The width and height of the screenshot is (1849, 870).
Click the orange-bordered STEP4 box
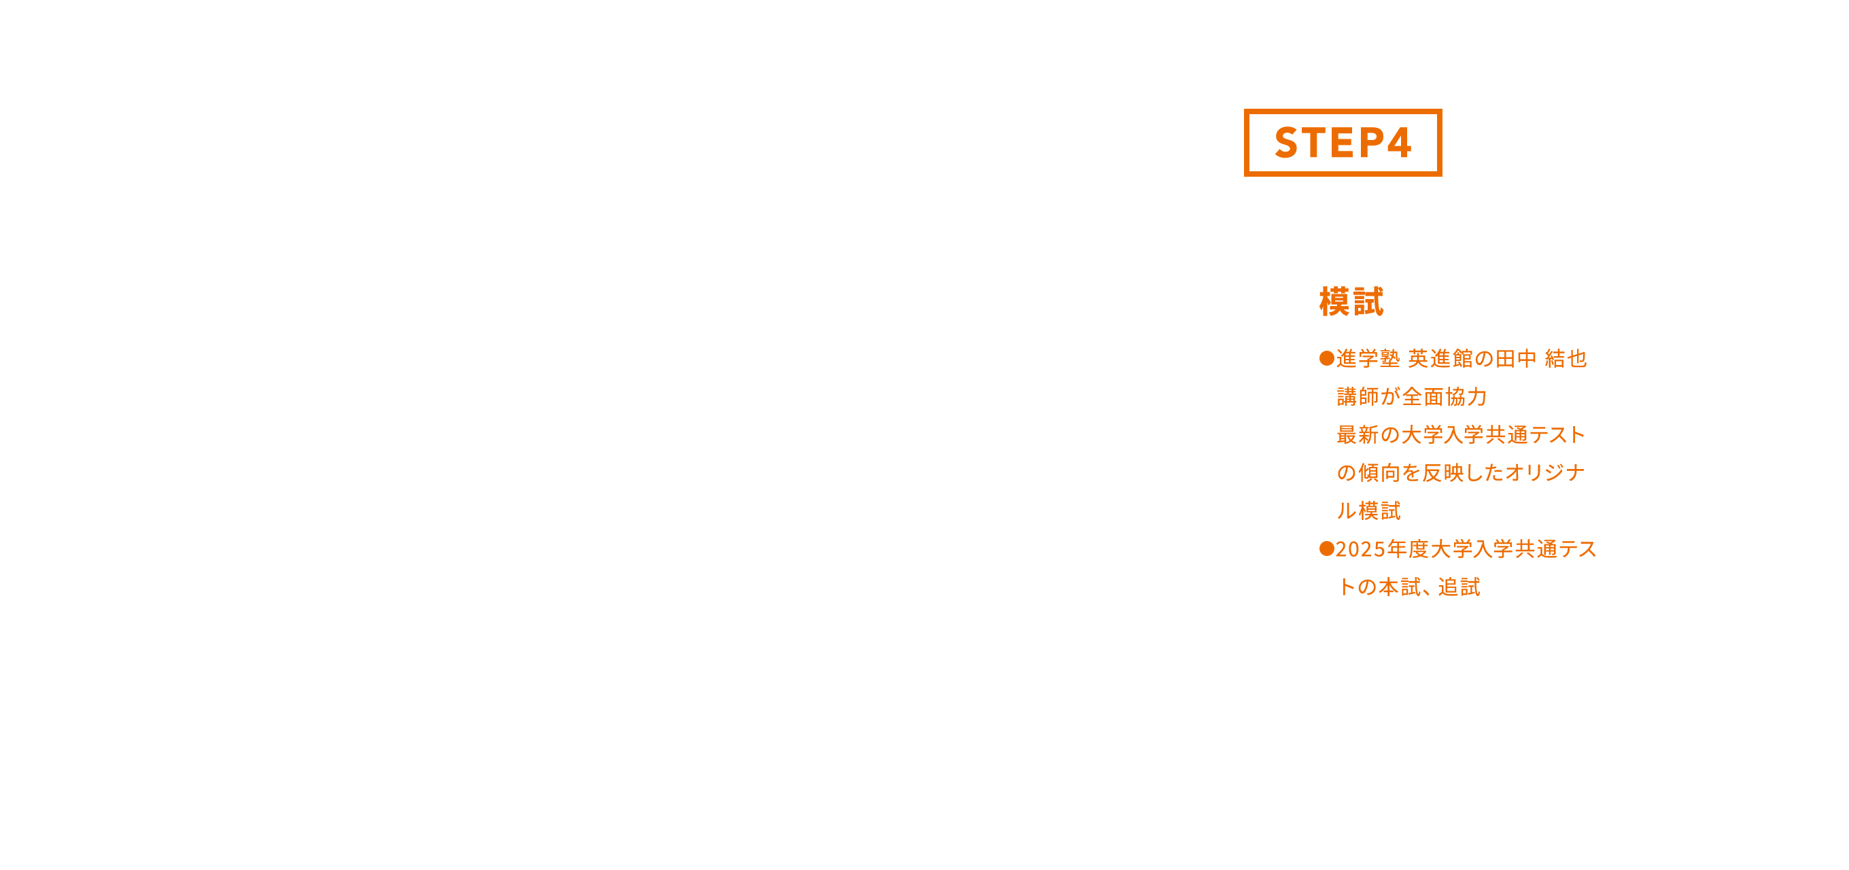point(1343,142)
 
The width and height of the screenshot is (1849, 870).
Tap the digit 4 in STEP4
point(1399,142)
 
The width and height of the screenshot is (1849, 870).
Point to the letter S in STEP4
point(1286,142)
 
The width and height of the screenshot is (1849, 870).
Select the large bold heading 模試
point(1351,302)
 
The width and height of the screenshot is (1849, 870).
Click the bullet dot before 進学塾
point(1326,358)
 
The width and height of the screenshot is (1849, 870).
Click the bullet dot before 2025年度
point(1326,549)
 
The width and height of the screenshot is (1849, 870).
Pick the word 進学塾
point(1367,358)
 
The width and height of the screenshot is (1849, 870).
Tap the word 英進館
point(1440,358)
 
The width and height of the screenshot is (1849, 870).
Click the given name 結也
point(1566,358)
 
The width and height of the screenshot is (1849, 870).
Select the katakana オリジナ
point(1544,472)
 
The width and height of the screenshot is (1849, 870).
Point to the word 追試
point(1459,587)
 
